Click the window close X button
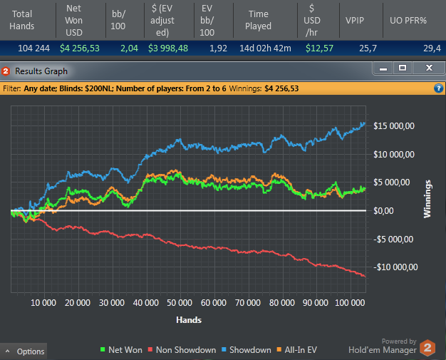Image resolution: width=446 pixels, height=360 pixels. click(428, 68)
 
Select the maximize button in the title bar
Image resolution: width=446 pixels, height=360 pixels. click(404, 68)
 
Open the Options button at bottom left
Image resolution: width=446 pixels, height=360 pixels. click(25, 351)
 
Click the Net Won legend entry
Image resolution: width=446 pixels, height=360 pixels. click(121, 350)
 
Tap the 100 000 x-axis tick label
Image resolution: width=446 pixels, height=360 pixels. click(348, 302)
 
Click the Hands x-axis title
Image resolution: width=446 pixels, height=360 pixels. click(190, 320)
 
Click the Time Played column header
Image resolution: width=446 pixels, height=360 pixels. click(258, 19)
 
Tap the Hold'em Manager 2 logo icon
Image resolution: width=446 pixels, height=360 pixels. click(427, 348)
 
